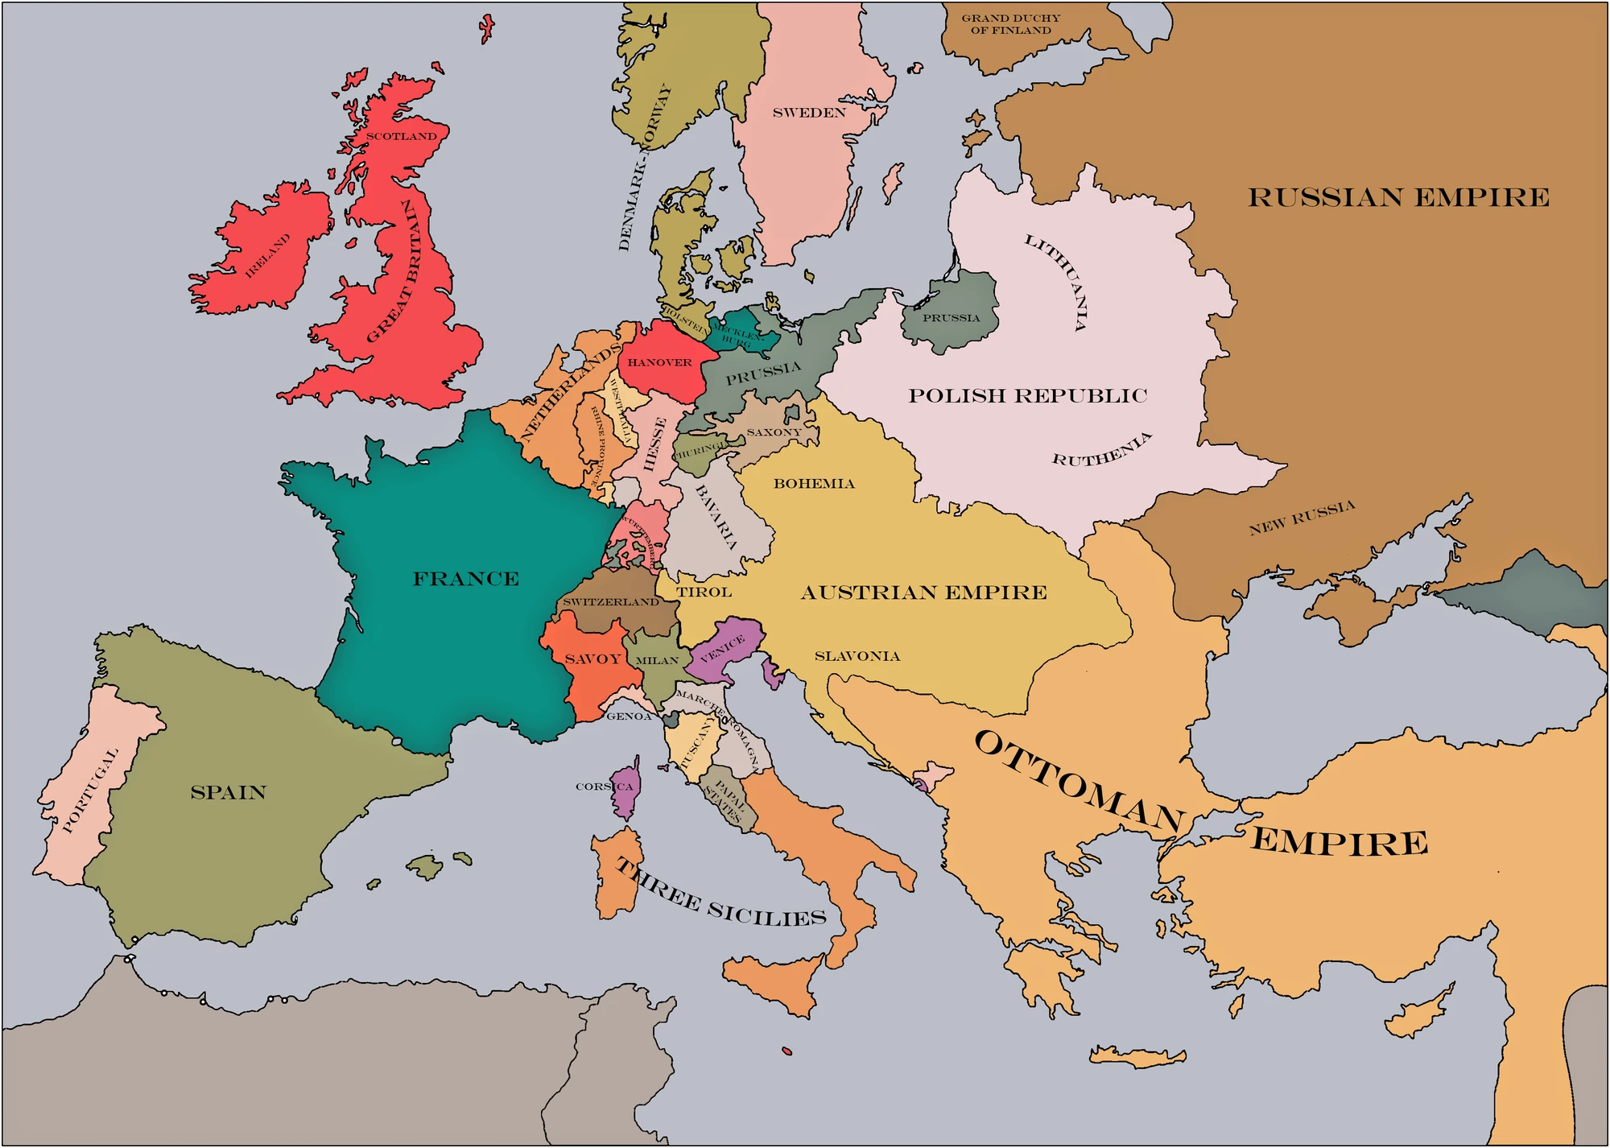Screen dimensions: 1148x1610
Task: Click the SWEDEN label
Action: (x=809, y=113)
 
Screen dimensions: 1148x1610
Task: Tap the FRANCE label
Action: (x=465, y=579)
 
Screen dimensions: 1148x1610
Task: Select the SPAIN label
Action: (x=228, y=792)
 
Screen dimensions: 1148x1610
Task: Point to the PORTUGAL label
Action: (x=90, y=790)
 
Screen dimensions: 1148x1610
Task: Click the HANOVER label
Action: (x=659, y=362)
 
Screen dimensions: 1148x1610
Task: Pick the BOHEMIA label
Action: (x=814, y=484)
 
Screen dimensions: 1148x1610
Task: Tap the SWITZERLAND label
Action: (x=611, y=602)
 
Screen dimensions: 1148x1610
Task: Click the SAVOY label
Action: (x=592, y=659)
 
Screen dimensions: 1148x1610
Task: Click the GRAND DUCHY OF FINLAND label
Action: (x=1011, y=24)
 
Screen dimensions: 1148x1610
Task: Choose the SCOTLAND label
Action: (x=401, y=136)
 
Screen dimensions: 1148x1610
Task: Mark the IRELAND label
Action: (x=267, y=256)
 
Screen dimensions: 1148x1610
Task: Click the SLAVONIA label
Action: (x=857, y=656)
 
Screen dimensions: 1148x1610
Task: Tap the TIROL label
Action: (x=704, y=593)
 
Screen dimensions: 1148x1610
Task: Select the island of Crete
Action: (x=1137, y=1057)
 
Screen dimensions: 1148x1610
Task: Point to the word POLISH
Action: (x=957, y=396)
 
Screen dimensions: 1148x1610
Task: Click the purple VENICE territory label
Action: (x=722, y=648)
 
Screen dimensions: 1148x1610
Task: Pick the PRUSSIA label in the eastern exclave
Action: (x=951, y=318)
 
